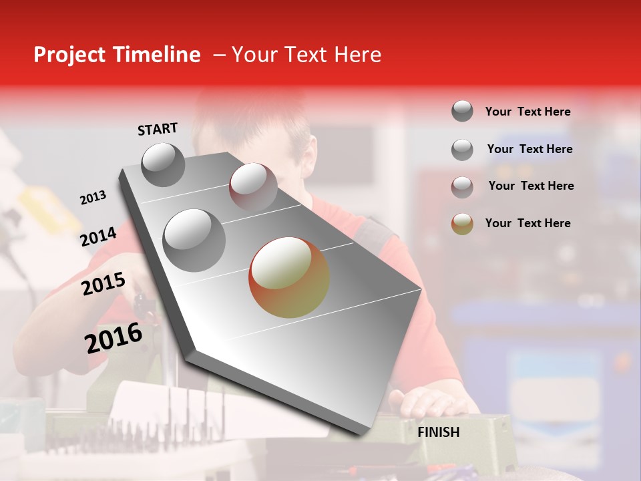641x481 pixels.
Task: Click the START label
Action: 158,129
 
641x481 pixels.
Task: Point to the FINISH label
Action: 438,432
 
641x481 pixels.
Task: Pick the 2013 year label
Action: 93,198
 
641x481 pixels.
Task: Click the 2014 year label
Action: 98,237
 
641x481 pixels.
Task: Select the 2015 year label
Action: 103,284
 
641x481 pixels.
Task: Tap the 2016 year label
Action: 114,338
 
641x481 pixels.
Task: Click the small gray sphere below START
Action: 163,164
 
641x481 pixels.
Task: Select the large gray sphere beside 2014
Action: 194,239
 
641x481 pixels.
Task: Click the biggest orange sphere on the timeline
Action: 289,277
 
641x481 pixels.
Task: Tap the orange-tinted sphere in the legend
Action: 462,224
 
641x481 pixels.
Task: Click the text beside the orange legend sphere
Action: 527,223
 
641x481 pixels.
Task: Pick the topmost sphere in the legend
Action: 462,111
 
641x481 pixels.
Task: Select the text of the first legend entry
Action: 527,112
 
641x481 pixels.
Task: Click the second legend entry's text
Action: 529,149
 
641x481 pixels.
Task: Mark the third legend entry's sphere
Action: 462,187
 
